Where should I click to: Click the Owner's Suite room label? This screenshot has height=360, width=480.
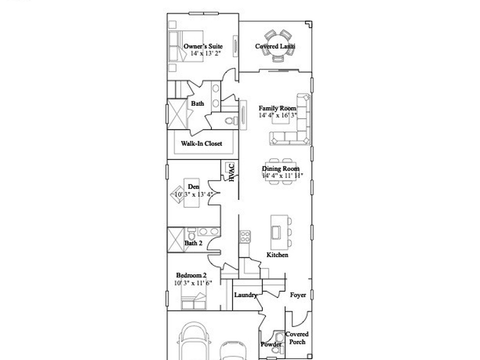pos(203,46)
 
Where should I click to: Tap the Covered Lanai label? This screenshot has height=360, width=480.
pos(275,46)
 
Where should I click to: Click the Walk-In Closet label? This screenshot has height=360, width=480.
pos(202,143)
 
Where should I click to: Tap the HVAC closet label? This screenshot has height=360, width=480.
pos(231,172)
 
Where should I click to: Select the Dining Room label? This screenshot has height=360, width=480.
pos(280,169)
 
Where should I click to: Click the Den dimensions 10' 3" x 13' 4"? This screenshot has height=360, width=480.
pos(194,194)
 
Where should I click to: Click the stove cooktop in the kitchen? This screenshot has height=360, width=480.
pos(245,237)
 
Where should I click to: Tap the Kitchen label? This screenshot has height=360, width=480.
pos(277,255)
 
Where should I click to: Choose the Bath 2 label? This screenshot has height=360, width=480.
pos(193,243)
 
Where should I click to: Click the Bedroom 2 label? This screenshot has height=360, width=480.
pos(191,275)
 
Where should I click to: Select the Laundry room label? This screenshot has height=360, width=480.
pos(246,295)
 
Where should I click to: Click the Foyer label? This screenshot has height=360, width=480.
pos(298,295)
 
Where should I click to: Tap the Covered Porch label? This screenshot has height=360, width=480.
pos(297,338)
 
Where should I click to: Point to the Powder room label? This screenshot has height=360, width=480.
pos(271,345)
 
